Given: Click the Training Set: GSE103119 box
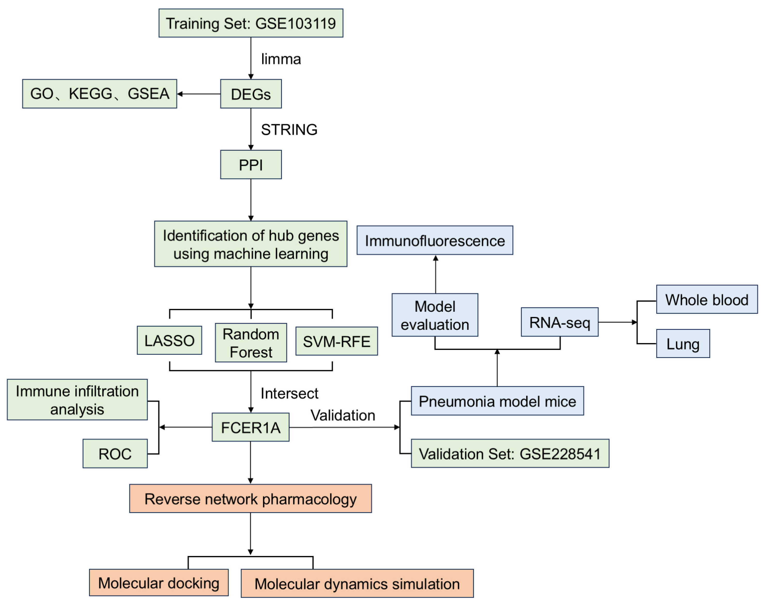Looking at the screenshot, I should (x=251, y=23).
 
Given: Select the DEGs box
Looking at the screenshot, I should (x=251, y=94).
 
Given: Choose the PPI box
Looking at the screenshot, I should (x=251, y=165).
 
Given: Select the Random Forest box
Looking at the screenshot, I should (x=251, y=343).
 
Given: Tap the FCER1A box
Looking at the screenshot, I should (x=250, y=427).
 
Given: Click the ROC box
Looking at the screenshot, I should (x=115, y=454).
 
